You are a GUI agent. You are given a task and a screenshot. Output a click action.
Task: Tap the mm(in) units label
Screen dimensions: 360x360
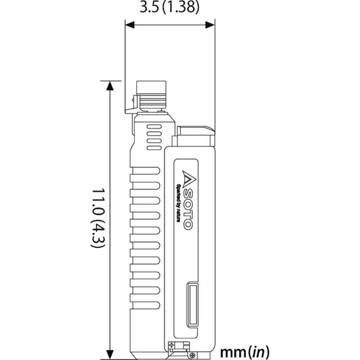point(245,352)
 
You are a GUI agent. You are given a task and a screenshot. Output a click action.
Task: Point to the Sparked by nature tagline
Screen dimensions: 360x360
point(178,203)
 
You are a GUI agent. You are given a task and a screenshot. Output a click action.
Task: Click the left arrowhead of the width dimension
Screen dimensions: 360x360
point(130,24)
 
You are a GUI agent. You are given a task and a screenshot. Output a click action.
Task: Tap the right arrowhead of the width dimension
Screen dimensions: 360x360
point(210,24)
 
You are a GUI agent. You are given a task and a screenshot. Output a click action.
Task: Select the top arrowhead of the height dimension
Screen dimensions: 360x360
point(110,86)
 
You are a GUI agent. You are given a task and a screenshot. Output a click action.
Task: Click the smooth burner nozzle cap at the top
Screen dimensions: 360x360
point(151,87)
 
